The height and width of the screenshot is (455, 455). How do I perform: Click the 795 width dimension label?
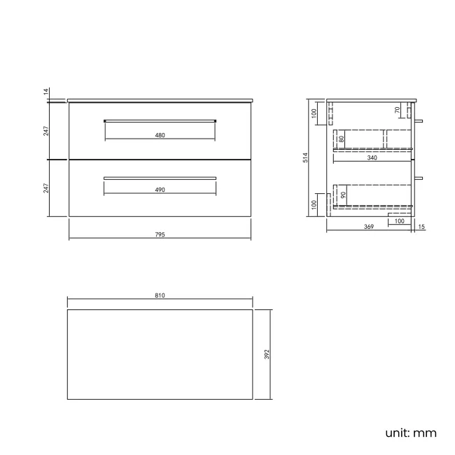(160, 234)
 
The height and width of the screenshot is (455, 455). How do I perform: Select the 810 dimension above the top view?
(160, 297)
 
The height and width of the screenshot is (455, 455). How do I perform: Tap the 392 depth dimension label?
(267, 354)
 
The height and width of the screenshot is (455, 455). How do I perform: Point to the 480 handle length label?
(160, 135)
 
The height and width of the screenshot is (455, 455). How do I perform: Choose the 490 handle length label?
(160, 190)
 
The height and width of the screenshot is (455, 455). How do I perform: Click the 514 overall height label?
(305, 159)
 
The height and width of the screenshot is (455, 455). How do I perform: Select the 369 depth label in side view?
(368, 227)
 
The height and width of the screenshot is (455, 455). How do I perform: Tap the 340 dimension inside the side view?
(372, 158)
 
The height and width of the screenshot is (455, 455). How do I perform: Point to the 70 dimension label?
(397, 110)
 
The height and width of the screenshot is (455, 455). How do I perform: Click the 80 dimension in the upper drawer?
(341, 139)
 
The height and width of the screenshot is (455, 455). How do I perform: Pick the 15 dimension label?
(421, 227)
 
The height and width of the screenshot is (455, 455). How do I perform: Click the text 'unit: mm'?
(411, 433)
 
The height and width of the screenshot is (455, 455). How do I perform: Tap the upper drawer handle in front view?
(160, 121)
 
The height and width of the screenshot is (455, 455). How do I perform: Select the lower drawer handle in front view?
(160, 178)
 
